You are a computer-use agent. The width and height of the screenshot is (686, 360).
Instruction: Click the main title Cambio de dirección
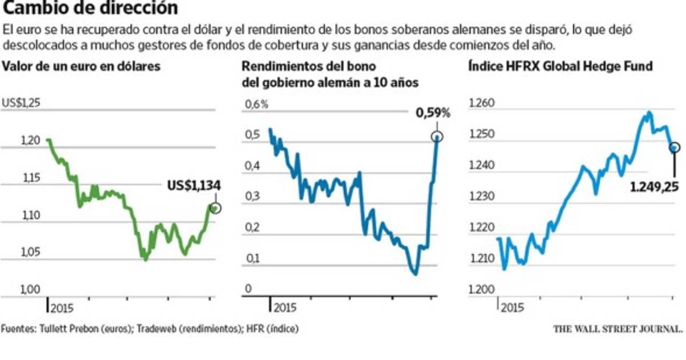(89, 9)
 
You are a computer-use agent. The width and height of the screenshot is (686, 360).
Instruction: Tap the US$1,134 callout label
(194, 186)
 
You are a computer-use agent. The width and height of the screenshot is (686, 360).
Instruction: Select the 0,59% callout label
(433, 113)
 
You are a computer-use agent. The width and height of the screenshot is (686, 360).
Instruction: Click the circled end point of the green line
(216, 208)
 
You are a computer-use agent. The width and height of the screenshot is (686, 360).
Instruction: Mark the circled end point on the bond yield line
(437, 137)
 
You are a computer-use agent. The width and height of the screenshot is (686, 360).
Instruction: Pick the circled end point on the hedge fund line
(675, 147)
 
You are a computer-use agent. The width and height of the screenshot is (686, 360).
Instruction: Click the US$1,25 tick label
(22, 103)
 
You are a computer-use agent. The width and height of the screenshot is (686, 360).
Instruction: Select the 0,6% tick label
(256, 105)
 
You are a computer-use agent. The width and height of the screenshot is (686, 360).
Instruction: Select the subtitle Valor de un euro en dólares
(81, 66)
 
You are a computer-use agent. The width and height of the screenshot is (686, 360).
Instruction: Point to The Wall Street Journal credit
(618, 329)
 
